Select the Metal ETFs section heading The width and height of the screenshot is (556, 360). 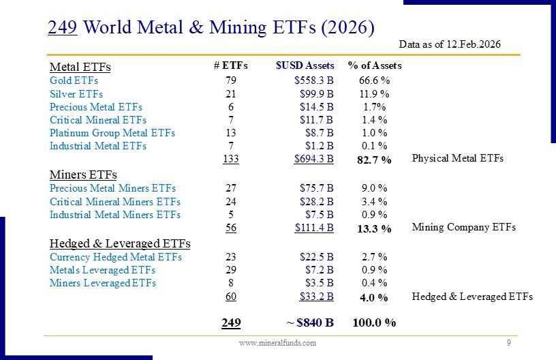click(x=80, y=67)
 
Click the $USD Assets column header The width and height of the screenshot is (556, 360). click(x=305, y=65)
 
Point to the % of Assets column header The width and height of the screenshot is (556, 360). click(x=375, y=65)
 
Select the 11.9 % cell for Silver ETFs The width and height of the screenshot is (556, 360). click(x=374, y=93)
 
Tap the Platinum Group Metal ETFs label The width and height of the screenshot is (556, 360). click(x=112, y=133)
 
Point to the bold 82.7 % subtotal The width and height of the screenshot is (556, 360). click(x=374, y=160)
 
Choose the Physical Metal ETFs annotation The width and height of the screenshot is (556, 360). click(x=458, y=158)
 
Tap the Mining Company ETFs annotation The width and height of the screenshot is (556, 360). click(x=464, y=227)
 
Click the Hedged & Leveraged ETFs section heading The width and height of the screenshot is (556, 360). click(x=120, y=243)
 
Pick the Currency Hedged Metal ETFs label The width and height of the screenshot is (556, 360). click(x=116, y=257)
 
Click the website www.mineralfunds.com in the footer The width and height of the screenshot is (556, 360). click(x=277, y=343)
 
